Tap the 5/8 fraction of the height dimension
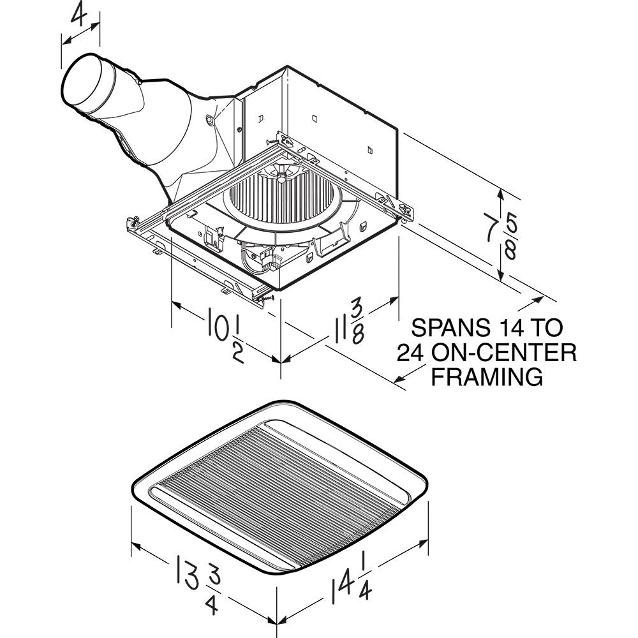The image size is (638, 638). click(x=511, y=235)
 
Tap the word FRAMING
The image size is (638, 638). click(x=487, y=376)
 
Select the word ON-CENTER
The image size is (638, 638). click(x=503, y=352)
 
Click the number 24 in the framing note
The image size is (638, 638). click(x=411, y=352)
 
